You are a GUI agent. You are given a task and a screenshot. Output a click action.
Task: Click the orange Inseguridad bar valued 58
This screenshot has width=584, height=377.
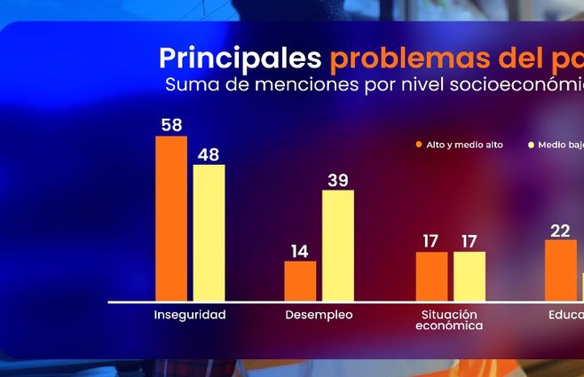[x=171, y=218]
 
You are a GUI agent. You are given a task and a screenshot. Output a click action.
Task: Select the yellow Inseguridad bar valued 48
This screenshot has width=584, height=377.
[x=209, y=232]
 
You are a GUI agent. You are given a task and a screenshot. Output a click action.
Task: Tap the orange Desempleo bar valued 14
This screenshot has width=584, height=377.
[x=300, y=280]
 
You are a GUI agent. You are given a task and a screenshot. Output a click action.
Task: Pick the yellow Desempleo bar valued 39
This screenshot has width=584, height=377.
[x=337, y=246]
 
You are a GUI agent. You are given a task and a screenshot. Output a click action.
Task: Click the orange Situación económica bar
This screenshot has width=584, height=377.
[x=431, y=276]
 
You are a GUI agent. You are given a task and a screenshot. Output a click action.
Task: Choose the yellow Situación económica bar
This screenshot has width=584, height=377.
[x=469, y=276]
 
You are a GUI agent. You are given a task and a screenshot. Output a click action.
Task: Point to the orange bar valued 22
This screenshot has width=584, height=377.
[x=561, y=270]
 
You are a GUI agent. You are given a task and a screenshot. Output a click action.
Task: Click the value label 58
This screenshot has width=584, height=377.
[x=171, y=125]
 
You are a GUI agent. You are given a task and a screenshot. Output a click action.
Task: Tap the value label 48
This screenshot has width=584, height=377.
[x=209, y=154]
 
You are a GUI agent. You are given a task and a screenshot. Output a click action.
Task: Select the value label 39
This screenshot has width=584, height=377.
[x=337, y=180]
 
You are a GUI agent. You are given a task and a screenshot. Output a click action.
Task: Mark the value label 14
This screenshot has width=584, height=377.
[x=300, y=251]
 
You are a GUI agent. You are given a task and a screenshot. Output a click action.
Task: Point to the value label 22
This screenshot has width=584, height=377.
[x=560, y=231]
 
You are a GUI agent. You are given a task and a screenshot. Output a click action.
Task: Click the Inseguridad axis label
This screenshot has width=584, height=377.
[x=190, y=315]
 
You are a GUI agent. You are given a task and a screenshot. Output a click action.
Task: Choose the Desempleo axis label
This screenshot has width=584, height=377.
[x=319, y=315]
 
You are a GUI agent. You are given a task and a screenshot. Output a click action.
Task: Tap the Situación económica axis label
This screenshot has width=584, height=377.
[x=449, y=320]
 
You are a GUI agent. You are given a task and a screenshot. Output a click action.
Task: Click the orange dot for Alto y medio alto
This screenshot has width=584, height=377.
[x=418, y=145]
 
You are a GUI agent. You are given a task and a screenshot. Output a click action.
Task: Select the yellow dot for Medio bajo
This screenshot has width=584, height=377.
[x=531, y=145]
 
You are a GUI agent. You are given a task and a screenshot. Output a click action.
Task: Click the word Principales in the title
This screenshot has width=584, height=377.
[x=240, y=59]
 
